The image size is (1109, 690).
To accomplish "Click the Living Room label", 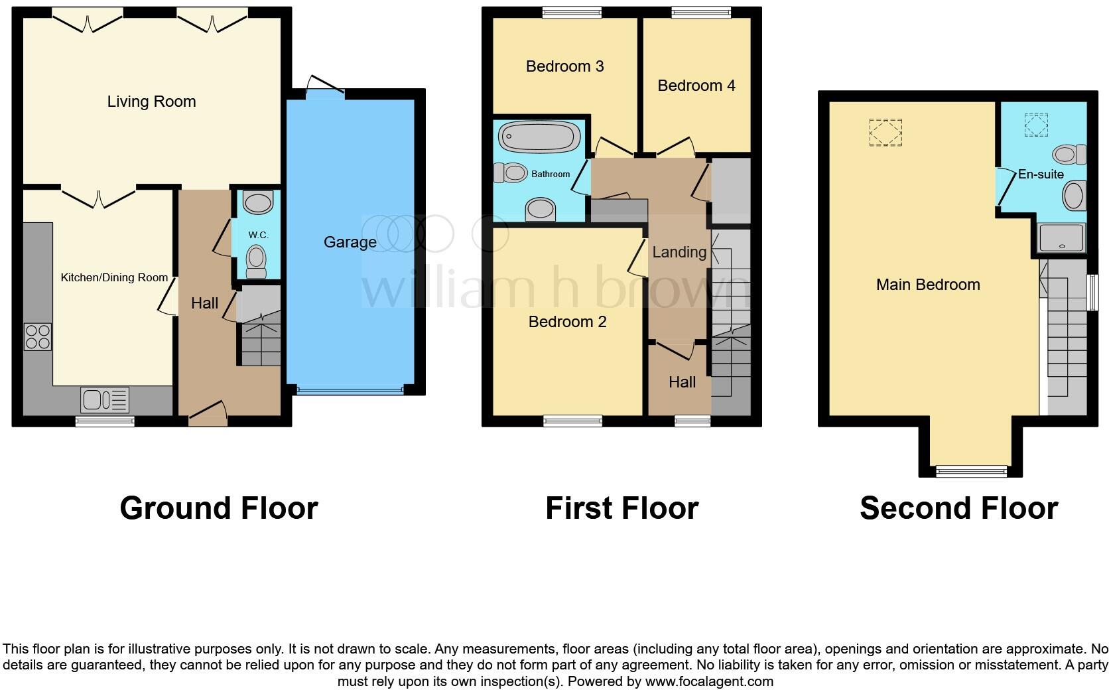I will [x=151, y=102].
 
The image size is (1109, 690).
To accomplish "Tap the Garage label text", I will [x=350, y=242].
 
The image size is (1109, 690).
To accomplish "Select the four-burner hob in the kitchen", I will [x=38, y=336].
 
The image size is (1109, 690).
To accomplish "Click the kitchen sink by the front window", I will [x=104, y=400].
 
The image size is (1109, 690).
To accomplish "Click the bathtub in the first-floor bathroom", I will [x=539, y=137].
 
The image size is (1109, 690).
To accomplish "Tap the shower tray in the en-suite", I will [x=1061, y=238].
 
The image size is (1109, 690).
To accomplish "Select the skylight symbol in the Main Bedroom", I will [x=885, y=132].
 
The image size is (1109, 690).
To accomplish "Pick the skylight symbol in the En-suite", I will [x=1035, y=125].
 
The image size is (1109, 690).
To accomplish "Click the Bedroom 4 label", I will [x=696, y=86].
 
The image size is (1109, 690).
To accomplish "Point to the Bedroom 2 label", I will [x=567, y=322].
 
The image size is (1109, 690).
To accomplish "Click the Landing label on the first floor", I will [x=679, y=252].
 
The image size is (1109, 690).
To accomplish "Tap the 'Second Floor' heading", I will [x=958, y=508].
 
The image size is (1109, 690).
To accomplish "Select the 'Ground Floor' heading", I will [x=219, y=508].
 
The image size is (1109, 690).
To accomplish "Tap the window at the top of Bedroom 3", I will [x=572, y=11].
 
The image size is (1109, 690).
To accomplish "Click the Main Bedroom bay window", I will [x=970, y=471].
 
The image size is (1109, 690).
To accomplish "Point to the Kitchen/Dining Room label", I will [x=114, y=277].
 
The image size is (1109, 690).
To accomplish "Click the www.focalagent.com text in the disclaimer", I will [x=709, y=681].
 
